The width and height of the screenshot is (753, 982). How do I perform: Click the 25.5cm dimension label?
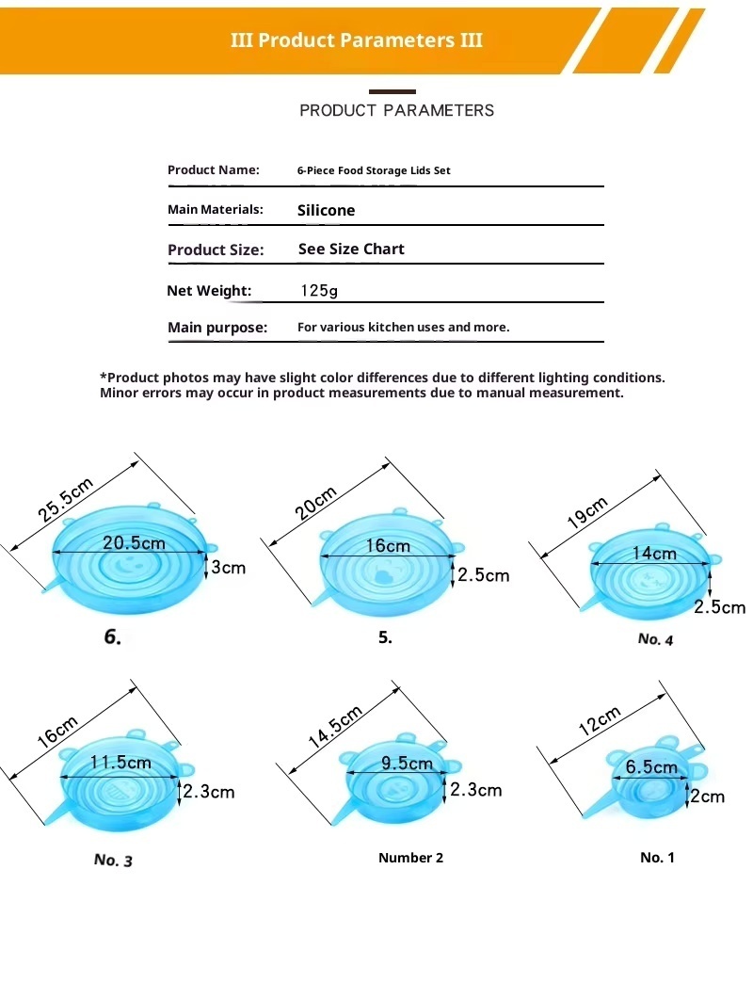pyautogui.click(x=66, y=500)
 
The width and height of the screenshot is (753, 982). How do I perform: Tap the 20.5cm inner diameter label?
pyautogui.click(x=134, y=542)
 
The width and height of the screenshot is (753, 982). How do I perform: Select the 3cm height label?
pyautogui.click(x=228, y=567)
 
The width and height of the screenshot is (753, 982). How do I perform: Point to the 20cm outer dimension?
pyautogui.click(x=316, y=503)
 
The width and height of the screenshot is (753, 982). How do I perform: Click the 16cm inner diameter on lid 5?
pyautogui.click(x=388, y=546)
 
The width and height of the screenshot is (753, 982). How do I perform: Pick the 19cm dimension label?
pyautogui.click(x=587, y=512)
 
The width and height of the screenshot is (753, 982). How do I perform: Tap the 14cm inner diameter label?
pyautogui.click(x=653, y=554)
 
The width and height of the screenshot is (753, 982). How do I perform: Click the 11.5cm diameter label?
pyautogui.click(x=120, y=762)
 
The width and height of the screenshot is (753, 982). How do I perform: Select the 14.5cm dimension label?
pyautogui.click(x=336, y=726)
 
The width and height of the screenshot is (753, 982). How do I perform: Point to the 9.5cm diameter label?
pyautogui.click(x=407, y=764)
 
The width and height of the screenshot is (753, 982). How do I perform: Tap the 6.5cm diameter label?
pyautogui.click(x=651, y=767)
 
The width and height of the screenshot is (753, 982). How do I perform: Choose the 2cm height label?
pyautogui.click(x=708, y=797)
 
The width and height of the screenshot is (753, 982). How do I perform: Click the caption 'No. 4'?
pyautogui.click(x=655, y=639)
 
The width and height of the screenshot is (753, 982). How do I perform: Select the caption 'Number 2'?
pyautogui.click(x=410, y=858)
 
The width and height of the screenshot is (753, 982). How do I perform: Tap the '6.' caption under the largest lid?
pyautogui.click(x=112, y=637)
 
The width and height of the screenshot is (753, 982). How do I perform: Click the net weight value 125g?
pyautogui.click(x=319, y=291)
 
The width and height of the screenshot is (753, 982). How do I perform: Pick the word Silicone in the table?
pyautogui.click(x=326, y=211)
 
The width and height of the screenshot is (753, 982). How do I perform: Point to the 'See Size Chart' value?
pyautogui.click(x=351, y=250)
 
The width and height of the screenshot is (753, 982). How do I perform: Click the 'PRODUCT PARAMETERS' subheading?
pyautogui.click(x=396, y=110)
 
